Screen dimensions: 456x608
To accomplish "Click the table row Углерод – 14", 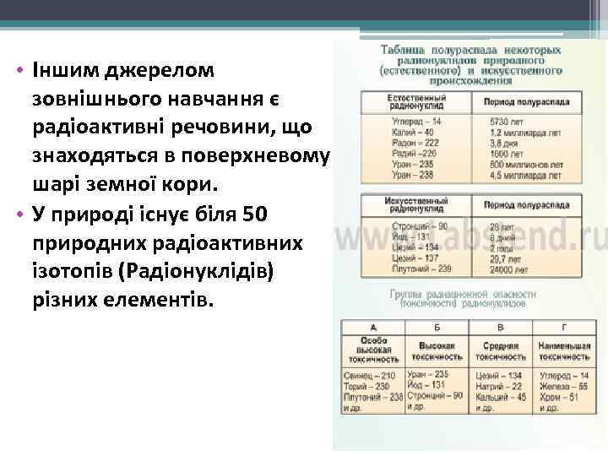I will click(x=416, y=122).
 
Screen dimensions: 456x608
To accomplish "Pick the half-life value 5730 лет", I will click(x=507, y=122).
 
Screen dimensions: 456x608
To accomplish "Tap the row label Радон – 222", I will click(x=415, y=143).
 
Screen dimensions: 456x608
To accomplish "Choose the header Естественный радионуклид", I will click(x=417, y=102).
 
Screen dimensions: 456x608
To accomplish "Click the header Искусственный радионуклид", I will click(x=417, y=205).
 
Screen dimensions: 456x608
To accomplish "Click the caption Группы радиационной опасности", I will click(x=464, y=294).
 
